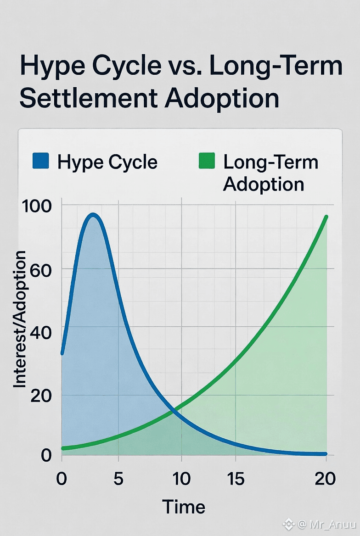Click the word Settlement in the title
pyautogui.click(x=88, y=99)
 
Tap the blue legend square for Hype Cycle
pyautogui.click(x=41, y=161)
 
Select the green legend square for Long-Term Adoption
pyautogui.click(x=207, y=161)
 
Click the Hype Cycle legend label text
pyautogui.click(x=107, y=162)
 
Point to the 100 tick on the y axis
pyautogui.click(x=37, y=206)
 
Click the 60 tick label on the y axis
pyautogui.click(x=41, y=270)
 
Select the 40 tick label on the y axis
pyautogui.click(x=41, y=332)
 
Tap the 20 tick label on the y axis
pyautogui.click(x=41, y=396)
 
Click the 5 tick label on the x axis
pyautogui.click(x=118, y=479)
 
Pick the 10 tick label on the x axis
pyautogui.click(x=181, y=479)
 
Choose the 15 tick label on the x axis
pyautogui.click(x=236, y=479)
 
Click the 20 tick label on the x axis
pyautogui.click(x=325, y=479)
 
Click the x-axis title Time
pyautogui.click(x=184, y=507)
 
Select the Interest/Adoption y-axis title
pyautogui.click(x=20, y=319)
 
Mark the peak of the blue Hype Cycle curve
pyautogui.click(x=93, y=215)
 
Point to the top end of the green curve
pyautogui.click(x=326, y=217)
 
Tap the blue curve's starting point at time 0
pyautogui.click(x=62, y=353)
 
